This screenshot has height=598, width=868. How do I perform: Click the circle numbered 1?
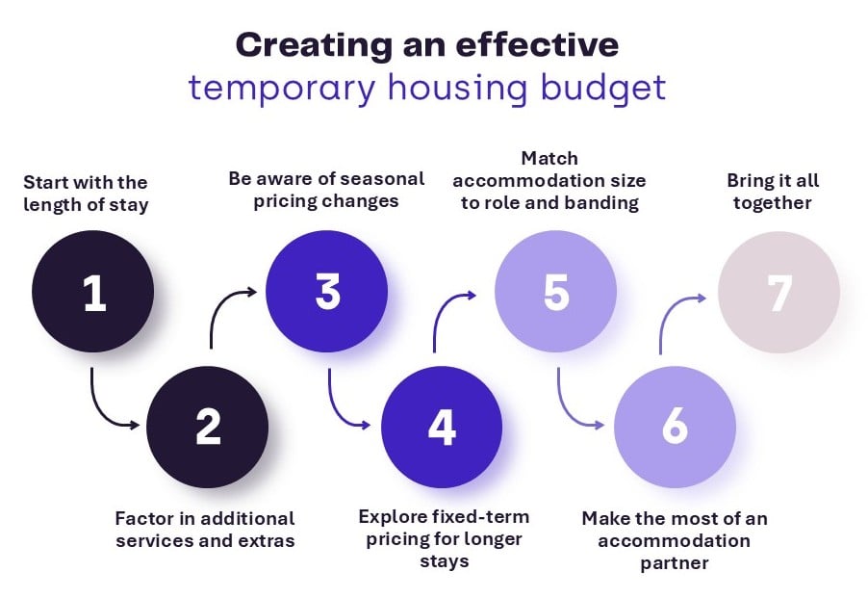pos(93,293)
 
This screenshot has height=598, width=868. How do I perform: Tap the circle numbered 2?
pos(207,427)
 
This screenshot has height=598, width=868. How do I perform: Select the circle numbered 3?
pos(327,293)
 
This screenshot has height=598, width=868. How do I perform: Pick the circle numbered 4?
pos(442,427)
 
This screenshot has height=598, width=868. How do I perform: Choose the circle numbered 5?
pos(555,293)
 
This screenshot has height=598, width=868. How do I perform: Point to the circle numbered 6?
pos(674,427)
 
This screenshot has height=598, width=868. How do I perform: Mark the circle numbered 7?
pos(779,293)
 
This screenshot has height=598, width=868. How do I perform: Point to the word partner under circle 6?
pos(674,562)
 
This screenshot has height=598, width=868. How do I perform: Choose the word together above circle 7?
pos(773,202)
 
